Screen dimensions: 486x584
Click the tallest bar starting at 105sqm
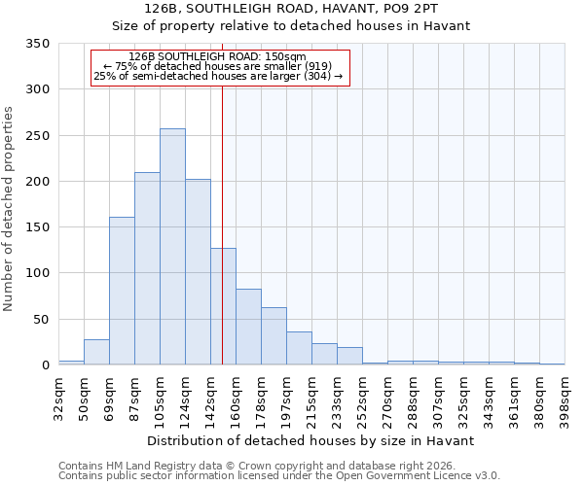172,247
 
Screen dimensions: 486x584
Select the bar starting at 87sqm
147,268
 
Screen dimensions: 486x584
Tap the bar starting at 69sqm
122,291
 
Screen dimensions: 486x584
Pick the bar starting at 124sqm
198,272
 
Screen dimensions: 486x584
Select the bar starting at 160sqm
248,327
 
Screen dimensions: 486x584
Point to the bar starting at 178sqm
274,336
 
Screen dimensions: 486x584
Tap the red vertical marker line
222,194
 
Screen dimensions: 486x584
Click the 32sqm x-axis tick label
58,394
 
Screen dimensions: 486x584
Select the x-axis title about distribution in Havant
310,440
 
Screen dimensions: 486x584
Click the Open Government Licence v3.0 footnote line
278,475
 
